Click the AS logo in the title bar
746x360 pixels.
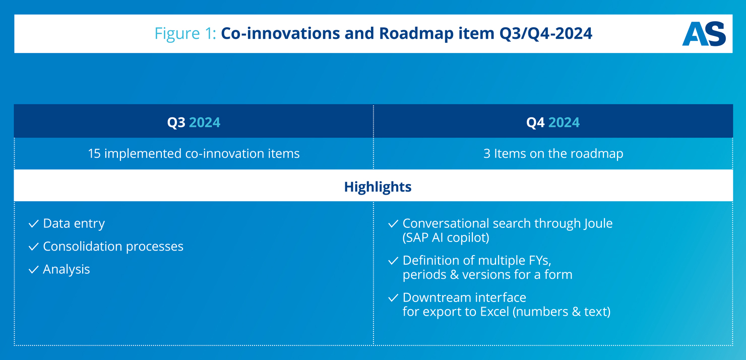pos(704,34)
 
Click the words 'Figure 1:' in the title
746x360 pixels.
pos(185,33)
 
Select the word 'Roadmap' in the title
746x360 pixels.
pos(416,33)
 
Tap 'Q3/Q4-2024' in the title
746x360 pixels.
pos(545,34)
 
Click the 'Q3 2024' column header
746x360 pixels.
pos(194,122)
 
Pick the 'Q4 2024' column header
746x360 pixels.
pos(553,122)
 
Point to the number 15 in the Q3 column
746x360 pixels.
pos(94,153)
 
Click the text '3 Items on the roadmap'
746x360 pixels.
pos(553,153)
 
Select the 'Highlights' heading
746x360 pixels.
pos(378,187)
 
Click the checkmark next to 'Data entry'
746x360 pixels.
pos(34,224)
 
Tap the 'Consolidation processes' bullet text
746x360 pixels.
pos(113,247)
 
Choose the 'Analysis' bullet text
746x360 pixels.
pos(66,269)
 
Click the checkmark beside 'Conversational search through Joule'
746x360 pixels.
pos(393,224)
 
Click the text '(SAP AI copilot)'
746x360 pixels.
pos(446,238)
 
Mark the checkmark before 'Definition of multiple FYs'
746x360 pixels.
pos(393,261)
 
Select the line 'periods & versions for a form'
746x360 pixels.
pos(487,275)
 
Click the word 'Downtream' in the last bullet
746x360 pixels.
pos(437,297)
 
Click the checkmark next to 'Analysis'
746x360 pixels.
pos(34,270)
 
